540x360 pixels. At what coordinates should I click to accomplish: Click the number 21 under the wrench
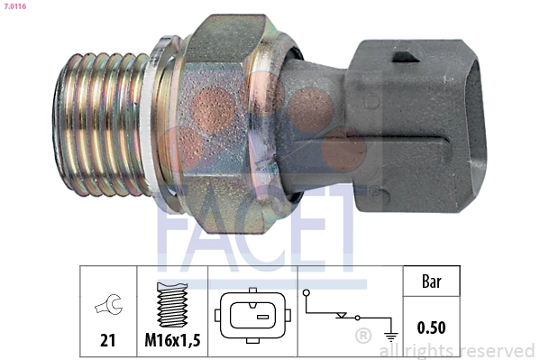pyautogui.click(x=106, y=341)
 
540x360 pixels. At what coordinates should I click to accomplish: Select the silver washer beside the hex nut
pyautogui.click(x=163, y=117)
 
